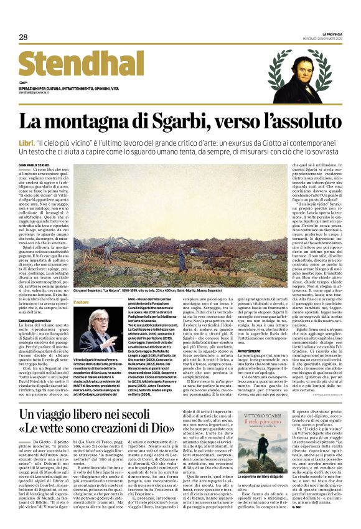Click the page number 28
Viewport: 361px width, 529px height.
(23, 37)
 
